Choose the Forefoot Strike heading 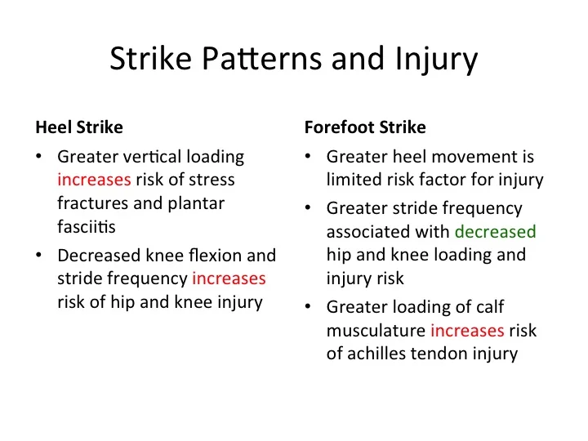coord(364,128)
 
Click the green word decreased coord(496,232)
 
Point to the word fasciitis coord(87,227)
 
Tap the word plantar coord(196,203)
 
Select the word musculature coord(376,331)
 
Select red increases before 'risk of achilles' coord(468,331)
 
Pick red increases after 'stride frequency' coord(229,279)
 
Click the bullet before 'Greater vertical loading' coord(39,157)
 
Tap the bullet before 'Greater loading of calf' coord(308,308)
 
